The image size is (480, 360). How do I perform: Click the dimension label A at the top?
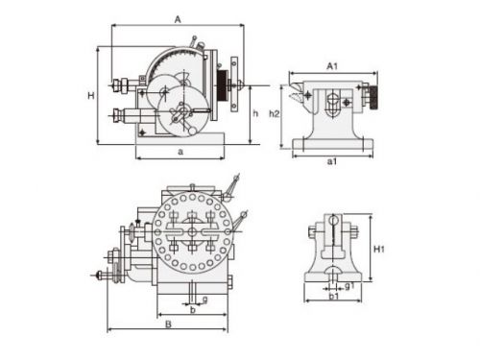point(178,20)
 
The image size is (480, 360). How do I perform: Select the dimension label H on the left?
point(91,95)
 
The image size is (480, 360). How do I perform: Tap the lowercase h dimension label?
point(255,113)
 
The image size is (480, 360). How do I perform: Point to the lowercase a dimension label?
point(180,152)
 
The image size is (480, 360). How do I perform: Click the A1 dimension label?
point(332,66)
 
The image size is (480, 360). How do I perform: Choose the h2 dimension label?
point(275,113)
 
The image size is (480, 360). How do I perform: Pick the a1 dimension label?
point(332,161)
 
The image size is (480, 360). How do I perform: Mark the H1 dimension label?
point(379,249)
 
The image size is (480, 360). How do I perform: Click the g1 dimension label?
point(349,285)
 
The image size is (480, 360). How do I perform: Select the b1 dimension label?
point(334,296)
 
